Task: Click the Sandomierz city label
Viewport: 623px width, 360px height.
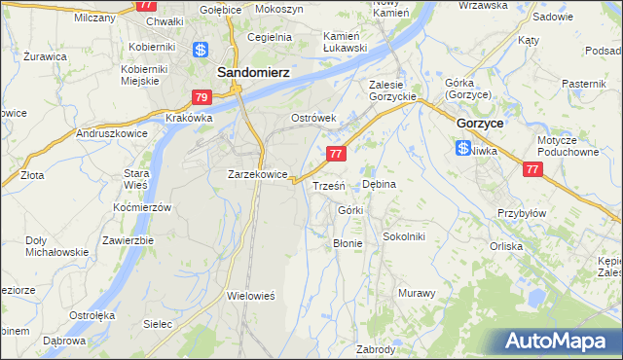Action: click(x=251, y=71)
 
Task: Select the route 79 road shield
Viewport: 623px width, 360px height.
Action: click(x=201, y=97)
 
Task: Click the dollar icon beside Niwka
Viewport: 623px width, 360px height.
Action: click(x=463, y=148)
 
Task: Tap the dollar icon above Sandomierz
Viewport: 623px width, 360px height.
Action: click(x=201, y=51)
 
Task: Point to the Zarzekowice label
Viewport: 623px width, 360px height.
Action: click(x=257, y=175)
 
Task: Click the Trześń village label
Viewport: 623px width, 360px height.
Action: click(x=327, y=185)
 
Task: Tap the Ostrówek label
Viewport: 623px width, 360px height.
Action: click(x=314, y=118)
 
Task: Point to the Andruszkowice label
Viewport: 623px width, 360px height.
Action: click(x=111, y=132)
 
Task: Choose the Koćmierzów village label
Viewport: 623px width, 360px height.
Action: click(x=141, y=208)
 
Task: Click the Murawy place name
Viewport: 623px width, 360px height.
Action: click(x=417, y=292)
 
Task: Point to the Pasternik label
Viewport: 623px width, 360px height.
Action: click(x=584, y=85)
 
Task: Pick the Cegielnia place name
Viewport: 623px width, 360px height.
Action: click(x=270, y=37)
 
